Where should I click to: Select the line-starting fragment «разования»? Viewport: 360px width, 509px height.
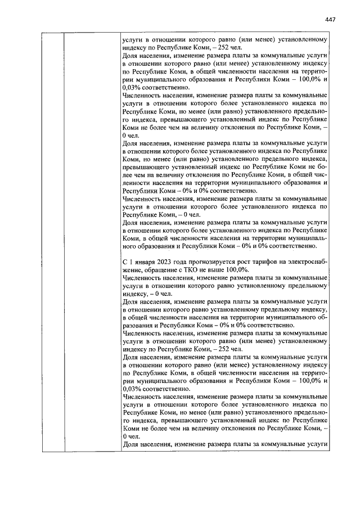[x=138, y=326]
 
